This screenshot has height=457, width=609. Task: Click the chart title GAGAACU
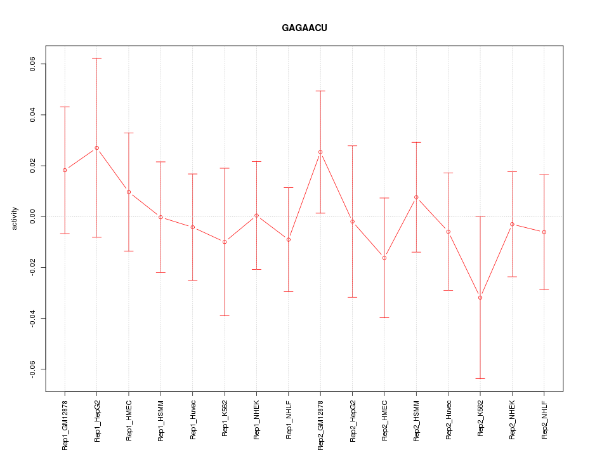click(x=304, y=29)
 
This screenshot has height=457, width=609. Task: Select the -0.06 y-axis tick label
click(x=32, y=369)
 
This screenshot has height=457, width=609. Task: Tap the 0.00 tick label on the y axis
click(x=32, y=216)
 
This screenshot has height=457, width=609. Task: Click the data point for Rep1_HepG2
click(x=96, y=148)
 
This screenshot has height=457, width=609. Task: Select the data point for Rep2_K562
click(x=480, y=298)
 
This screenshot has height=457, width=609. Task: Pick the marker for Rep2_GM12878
click(x=320, y=152)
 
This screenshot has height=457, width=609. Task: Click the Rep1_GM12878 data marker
click(x=65, y=170)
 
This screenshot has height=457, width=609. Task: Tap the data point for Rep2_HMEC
click(x=384, y=258)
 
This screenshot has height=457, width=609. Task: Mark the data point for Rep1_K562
click(x=225, y=242)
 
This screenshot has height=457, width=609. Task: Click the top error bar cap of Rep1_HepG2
click(x=96, y=58)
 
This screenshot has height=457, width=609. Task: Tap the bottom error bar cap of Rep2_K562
click(x=480, y=378)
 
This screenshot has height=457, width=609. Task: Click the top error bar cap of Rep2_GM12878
click(x=320, y=91)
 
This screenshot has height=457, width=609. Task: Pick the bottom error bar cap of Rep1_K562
click(x=225, y=315)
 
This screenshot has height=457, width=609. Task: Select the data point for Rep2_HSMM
click(x=416, y=197)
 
